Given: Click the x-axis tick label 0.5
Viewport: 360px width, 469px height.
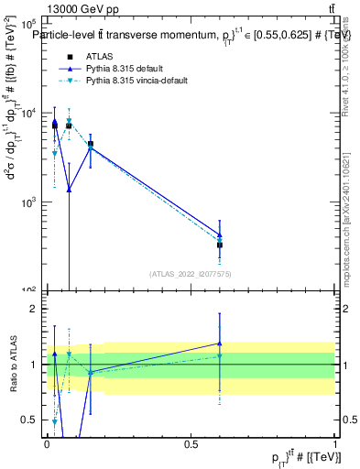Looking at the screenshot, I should click(191, 444).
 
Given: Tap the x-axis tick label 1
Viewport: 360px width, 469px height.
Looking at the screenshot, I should click(335, 444).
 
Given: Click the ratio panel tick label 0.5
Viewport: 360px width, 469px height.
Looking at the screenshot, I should click(30, 420).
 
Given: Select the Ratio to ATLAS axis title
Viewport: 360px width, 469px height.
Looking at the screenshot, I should click(12, 365).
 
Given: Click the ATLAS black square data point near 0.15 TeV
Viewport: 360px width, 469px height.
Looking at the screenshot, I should click(90, 144).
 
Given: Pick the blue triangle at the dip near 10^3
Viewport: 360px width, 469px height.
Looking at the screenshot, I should click(69, 190).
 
